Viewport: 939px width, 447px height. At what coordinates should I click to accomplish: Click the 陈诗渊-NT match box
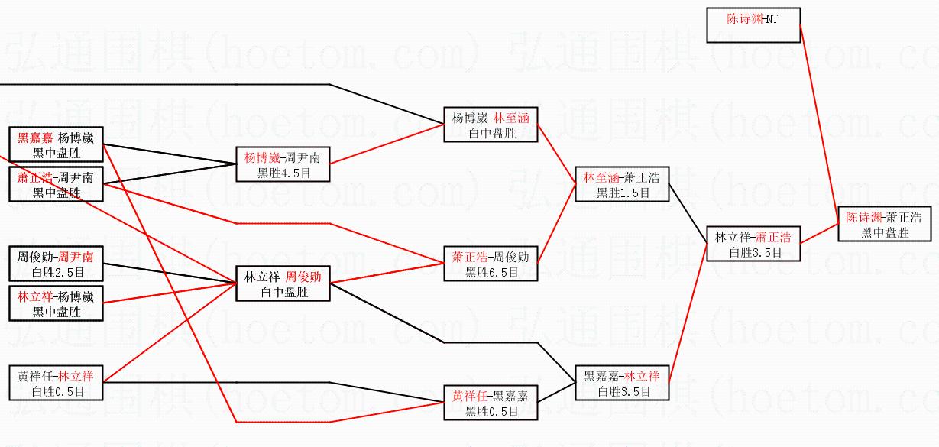pyautogui.click(x=753, y=24)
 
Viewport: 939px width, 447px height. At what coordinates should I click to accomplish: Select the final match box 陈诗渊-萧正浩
pyautogui.click(x=885, y=224)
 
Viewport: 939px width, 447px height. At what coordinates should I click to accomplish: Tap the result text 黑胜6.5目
pyautogui.click(x=492, y=271)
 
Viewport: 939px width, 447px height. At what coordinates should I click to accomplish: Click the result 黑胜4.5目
pyautogui.click(x=283, y=173)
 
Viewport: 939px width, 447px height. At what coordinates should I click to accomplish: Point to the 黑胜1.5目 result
pyautogui.click(x=623, y=193)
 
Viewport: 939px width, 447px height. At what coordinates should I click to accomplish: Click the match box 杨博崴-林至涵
pyautogui.click(x=491, y=125)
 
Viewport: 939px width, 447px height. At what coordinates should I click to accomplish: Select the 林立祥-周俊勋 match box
pyautogui.click(x=283, y=283)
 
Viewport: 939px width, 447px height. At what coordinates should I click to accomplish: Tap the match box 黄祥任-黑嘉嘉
pyautogui.click(x=491, y=403)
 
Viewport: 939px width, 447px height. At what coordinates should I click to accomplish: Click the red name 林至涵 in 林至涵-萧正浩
pyautogui.click(x=600, y=178)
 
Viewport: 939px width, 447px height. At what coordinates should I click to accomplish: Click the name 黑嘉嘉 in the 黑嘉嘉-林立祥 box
pyautogui.click(x=601, y=376)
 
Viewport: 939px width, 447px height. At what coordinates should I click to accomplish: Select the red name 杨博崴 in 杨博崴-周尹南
pyautogui.click(x=260, y=158)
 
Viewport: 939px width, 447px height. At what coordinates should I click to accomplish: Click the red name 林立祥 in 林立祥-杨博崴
pyautogui.click(x=34, y=296)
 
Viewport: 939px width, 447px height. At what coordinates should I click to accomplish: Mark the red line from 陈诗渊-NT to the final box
pyautogui.click(x=818, y=122)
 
